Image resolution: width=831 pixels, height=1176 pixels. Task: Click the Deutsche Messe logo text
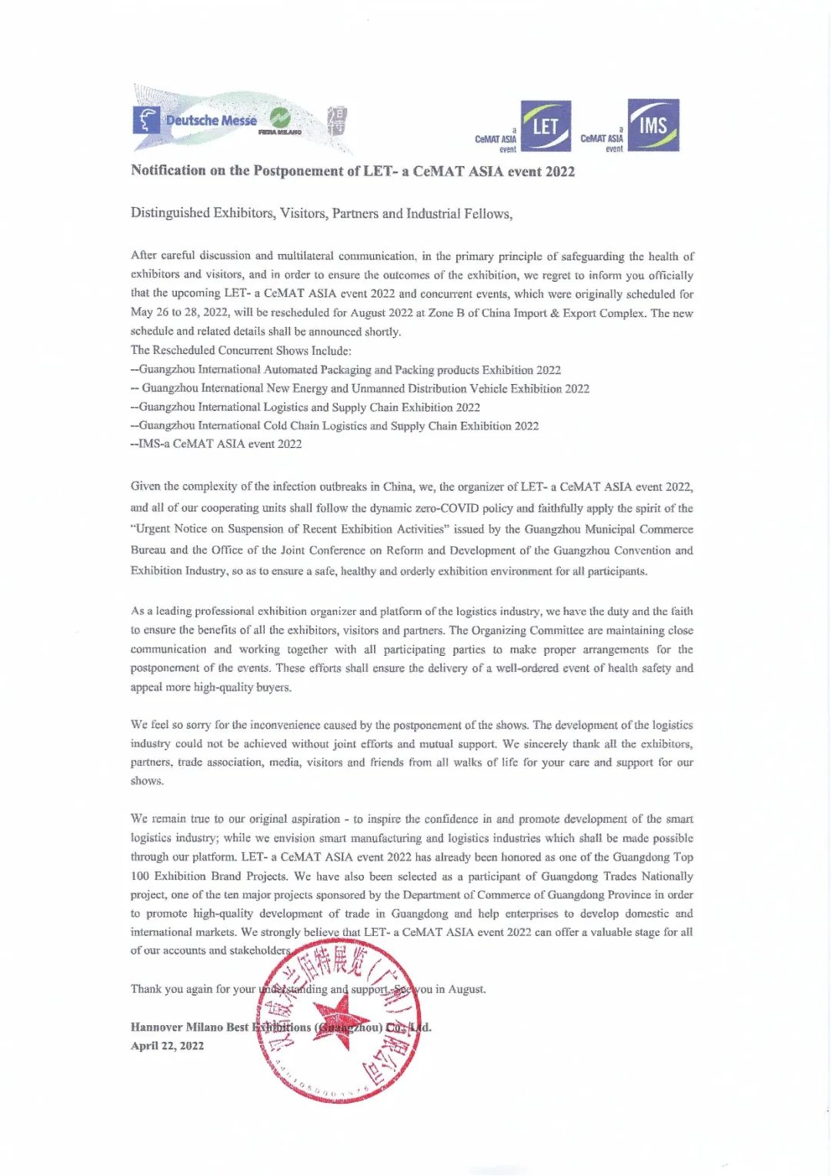[211, 121]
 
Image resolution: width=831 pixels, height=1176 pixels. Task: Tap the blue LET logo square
[546, 125]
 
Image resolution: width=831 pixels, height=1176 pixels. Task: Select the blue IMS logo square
[653, 125]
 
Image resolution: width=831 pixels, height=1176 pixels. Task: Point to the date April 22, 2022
[167, 1045]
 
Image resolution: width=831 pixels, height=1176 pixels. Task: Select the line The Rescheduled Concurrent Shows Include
[241, 350]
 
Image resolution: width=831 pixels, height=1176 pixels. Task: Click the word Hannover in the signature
[156, 1027]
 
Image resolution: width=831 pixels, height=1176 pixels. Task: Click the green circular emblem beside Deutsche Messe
[279, 118]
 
